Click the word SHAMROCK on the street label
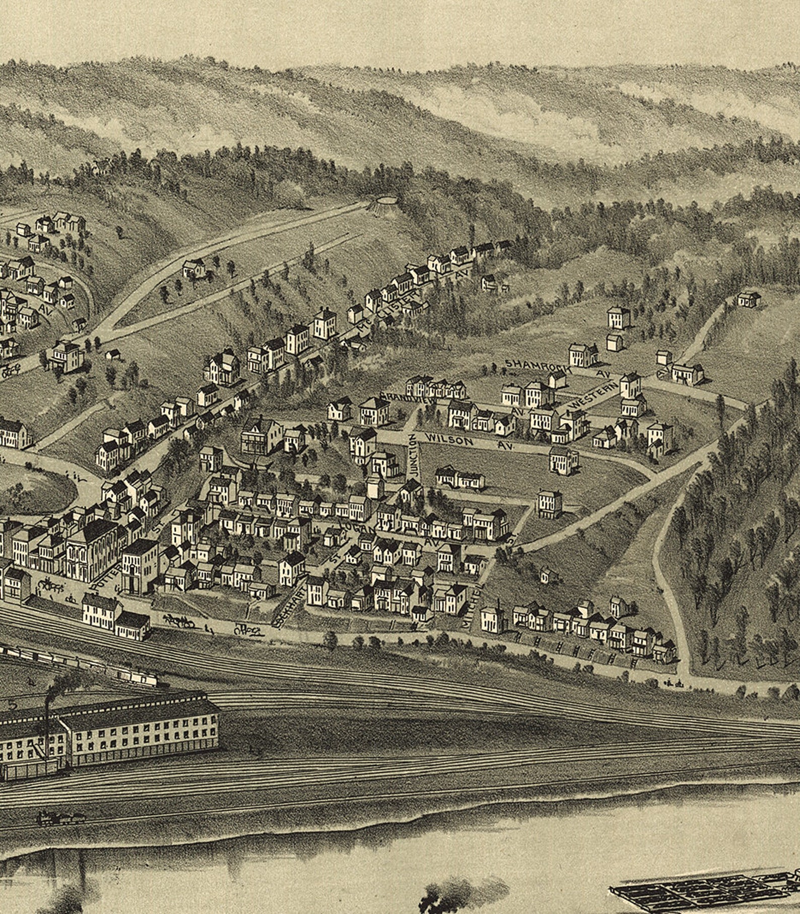coord(538,365)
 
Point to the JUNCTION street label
coord(413,455)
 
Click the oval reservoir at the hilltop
coord(385,201)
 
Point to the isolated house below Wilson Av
coord(459,478)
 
